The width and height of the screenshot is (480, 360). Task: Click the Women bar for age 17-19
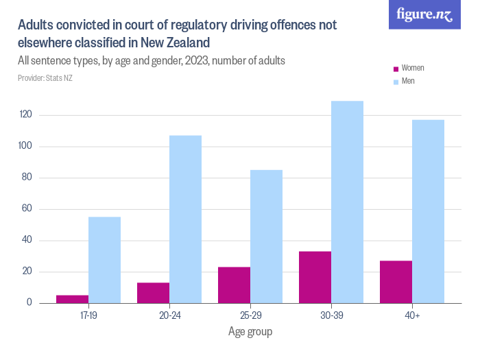point(73,299)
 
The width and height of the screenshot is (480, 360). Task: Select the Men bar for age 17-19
point(105,260)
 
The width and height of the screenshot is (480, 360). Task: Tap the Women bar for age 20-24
point(153,293)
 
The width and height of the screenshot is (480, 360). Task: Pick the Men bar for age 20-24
point(185,219)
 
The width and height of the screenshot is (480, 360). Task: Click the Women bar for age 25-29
point(234,285)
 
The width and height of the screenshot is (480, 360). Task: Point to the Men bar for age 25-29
point(266,237)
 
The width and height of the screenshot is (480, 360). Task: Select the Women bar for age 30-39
point(315,277)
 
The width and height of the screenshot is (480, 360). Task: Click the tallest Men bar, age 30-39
point(347,202)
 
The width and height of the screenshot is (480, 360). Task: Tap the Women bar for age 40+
point(396,282)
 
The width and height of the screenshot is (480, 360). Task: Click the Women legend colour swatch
point(396,69)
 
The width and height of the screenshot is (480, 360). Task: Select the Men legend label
point(408,81)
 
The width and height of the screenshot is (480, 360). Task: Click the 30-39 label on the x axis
point(331,316)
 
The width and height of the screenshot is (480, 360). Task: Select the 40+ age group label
point(411,316)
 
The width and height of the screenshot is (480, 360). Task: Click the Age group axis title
point(250,332)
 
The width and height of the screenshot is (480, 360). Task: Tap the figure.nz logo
point(425,14)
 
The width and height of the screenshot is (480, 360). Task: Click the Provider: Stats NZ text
point(45,78)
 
